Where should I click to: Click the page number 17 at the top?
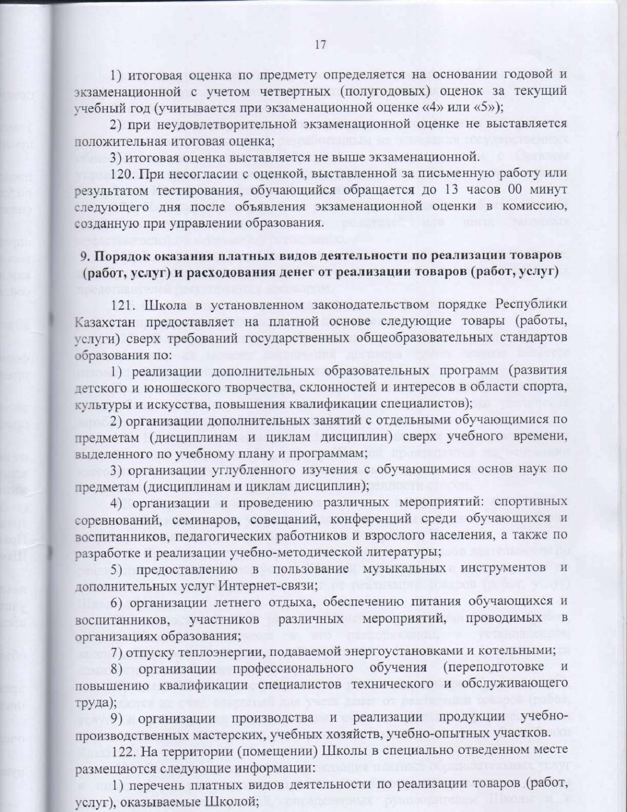coord(320,45)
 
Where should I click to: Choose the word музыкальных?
coord(405,568)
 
